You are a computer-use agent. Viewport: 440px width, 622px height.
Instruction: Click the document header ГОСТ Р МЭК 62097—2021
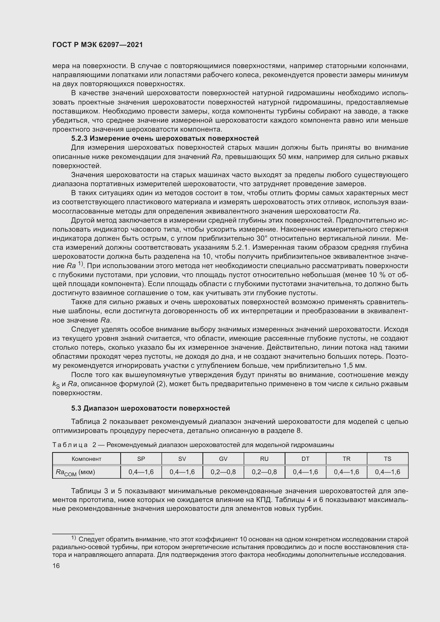[x=98, y=45]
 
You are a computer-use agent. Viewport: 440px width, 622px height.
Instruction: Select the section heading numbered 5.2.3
[x=165, y=139]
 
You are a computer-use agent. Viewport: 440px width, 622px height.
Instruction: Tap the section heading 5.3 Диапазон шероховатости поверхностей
[x=150, y=408]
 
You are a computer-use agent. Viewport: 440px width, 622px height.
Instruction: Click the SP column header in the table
[x=141, y=459]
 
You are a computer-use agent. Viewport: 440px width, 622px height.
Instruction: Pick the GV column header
[x=223, y=459]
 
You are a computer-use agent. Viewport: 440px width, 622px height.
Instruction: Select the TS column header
[x=387, y=459]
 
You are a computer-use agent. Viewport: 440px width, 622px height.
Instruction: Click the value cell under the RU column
[x=264, y=472]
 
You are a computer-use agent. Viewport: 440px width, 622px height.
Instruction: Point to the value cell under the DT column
[x=305, y=472]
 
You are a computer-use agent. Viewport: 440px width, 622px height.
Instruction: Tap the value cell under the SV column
[x=182, y=472]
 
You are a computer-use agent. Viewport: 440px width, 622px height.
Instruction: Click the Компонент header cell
[x=86, y=459]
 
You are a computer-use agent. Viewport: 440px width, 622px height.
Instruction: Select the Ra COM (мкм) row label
[x=75, y=472]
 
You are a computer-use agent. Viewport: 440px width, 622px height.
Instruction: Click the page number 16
[x=56, y=566]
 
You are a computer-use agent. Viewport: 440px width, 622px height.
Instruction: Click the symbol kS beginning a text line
[x=56, y=385]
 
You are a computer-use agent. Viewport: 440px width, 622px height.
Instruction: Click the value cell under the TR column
[x=346, y=472]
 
